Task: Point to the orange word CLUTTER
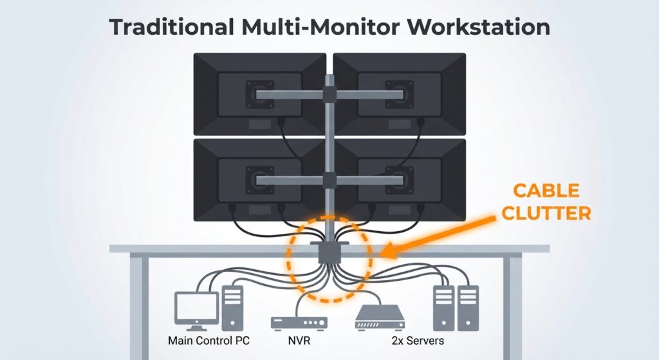point(546,213)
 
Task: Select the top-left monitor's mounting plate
point(263,95)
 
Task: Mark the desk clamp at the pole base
point(329,251)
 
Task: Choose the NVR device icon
point(298,322)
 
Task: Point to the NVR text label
point(298,340)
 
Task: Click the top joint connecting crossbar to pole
point(329,95)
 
